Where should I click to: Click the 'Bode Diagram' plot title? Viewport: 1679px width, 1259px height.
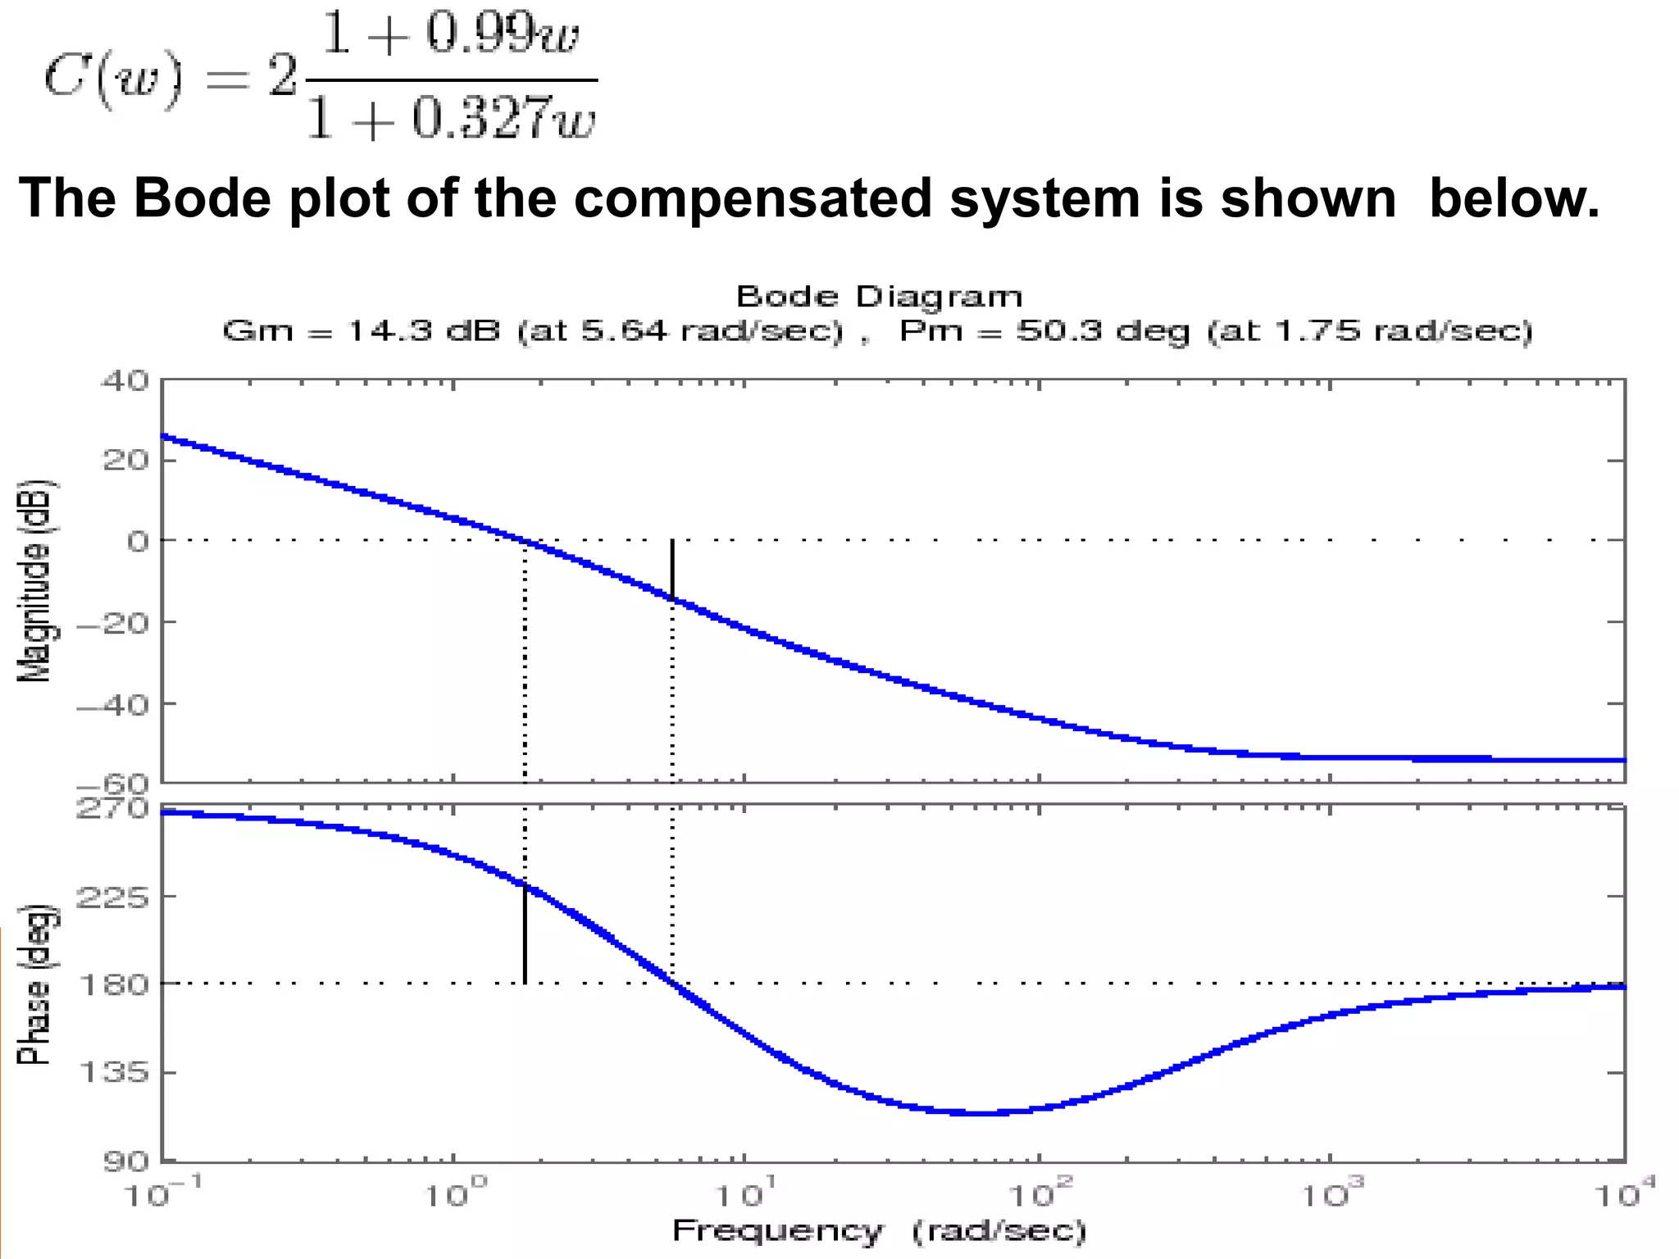click(x=879, y=297)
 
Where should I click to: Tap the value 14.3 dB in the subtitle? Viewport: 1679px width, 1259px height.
click(x=423, y=331)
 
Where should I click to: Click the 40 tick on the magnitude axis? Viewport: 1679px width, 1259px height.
click(x=125, y=381)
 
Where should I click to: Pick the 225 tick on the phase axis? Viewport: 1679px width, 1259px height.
click(x=113, y=897)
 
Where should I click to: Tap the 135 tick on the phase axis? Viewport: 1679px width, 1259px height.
click(x=113, y=1071)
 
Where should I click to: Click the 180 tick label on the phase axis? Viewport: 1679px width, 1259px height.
click(x=113, y=984)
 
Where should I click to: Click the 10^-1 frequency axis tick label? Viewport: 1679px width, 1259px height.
click(x=162, y=1194)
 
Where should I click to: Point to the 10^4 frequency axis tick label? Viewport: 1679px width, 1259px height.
click(x=1625, y=1194)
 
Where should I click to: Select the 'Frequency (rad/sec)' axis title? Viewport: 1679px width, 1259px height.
click(x=879, y=1231)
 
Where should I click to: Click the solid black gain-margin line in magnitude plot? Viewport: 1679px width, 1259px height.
click(x=672, y=570)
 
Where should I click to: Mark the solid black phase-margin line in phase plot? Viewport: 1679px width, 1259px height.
click(x=525, y=934)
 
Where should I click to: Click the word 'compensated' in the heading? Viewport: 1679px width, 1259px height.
click(x=753, y=198)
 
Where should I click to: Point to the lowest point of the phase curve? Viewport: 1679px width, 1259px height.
click(x=980, y=1113)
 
